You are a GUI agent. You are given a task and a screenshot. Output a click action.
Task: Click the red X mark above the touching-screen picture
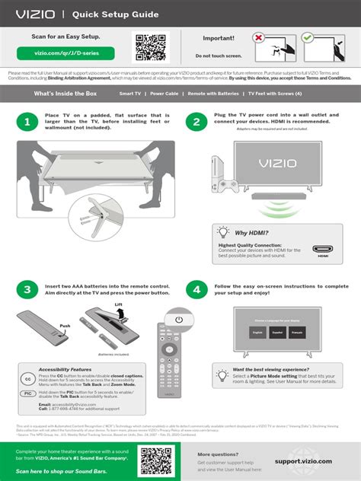pos(259,37)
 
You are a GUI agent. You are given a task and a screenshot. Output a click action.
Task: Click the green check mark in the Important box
pos(307,37)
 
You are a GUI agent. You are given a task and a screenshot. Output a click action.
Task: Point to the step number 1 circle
pos(27,122)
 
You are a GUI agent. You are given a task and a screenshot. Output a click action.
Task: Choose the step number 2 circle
pos(196,122)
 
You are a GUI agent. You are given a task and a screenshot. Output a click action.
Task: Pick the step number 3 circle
pos(27,289)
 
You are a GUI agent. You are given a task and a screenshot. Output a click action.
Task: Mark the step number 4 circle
pos(196,289)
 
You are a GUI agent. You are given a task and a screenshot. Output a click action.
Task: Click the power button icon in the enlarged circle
pos(179,320)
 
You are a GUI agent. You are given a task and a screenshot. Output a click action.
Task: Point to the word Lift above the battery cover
pos(118,304)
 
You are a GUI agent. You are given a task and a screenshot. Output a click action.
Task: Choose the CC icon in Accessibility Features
pos(27,378)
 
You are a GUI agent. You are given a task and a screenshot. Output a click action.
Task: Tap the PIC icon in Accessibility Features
pos(27,393)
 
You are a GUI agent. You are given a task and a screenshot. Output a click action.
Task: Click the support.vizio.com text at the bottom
pos(303,460)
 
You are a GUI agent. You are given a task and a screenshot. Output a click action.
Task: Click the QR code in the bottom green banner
pos(155,460)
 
